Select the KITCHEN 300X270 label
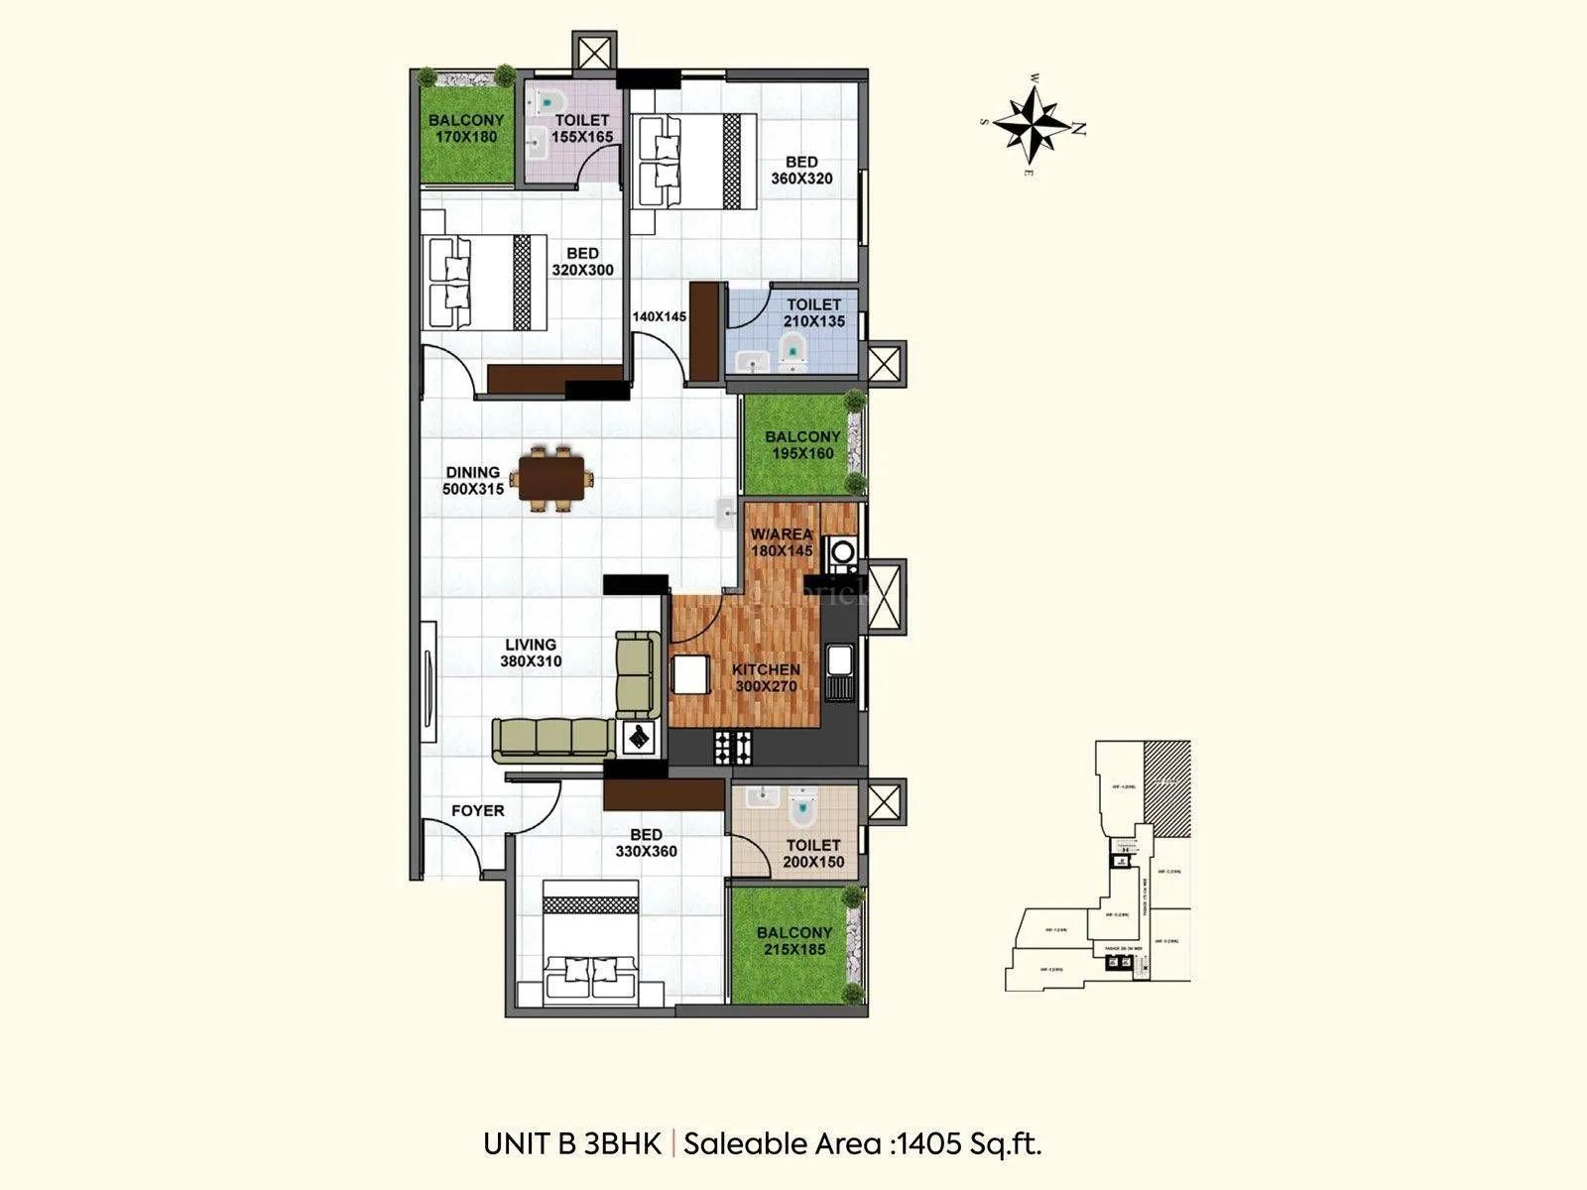[x=766, y=678]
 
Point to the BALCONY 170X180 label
[x=466, y=128]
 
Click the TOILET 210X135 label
[x=813, y=313]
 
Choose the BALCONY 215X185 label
[x=793, y=941]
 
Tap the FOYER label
[x=477, y=811]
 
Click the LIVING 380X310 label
[x=530, y=653]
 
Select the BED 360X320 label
[x=801, y=171]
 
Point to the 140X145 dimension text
[x=660, y=316]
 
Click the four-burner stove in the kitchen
[x=732, y=746]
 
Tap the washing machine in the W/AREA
[x=843, y=551]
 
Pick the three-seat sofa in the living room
[x=551, y=739]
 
